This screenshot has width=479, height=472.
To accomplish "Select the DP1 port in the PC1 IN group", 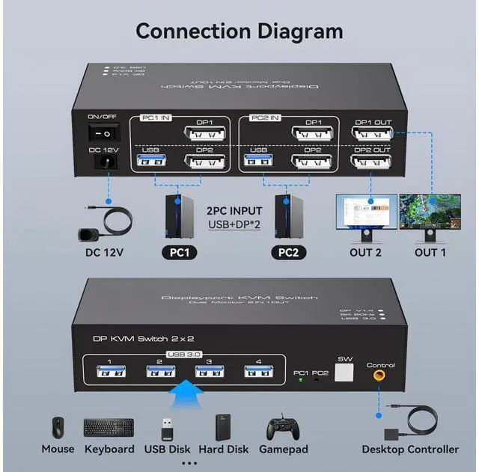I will click(204, 135).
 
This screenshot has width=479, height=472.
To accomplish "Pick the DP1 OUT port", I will click(371, 135).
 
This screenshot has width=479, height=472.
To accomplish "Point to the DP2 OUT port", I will click(371, 161).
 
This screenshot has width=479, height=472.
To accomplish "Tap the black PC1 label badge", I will click(180, 252).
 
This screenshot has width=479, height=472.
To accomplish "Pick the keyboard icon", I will click(109, 428).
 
